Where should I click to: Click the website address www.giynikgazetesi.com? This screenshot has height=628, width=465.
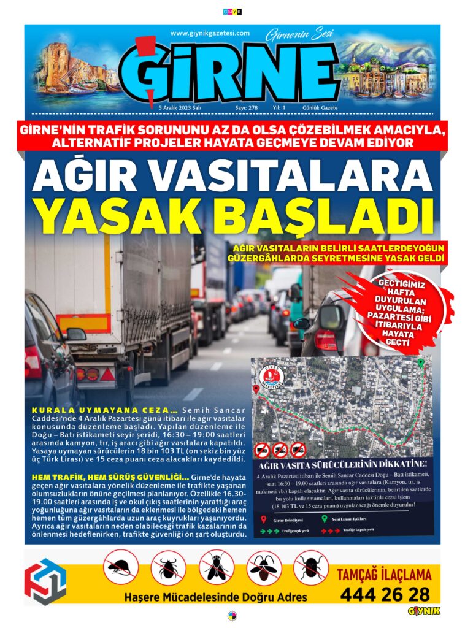coord(210,33)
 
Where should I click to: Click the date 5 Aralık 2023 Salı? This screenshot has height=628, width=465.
coord(180,107)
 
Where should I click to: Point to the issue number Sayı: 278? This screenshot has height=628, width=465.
coord(247,107)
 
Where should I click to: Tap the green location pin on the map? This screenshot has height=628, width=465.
coord(421,363)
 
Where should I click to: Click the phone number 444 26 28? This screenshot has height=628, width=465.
coord(385,594)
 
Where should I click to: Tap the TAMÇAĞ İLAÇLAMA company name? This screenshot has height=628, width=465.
coord(384,575)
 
